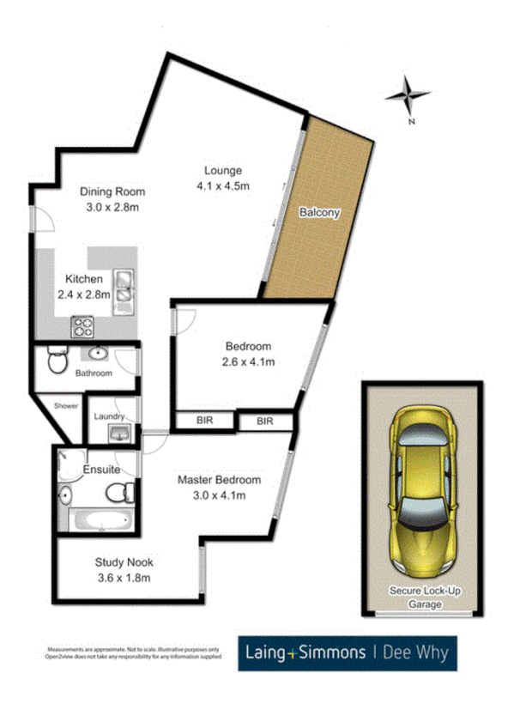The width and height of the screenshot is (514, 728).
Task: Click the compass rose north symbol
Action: [408, 95]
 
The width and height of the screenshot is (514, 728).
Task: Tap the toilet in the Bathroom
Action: [56, 360]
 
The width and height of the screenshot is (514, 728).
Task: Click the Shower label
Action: [66, 405]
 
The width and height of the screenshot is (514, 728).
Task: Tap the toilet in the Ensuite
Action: [120, 492]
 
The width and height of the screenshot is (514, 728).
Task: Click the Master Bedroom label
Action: [219, 480]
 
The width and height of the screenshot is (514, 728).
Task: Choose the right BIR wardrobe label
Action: [264, 421]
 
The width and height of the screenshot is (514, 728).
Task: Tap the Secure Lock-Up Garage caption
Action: [416, 598]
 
